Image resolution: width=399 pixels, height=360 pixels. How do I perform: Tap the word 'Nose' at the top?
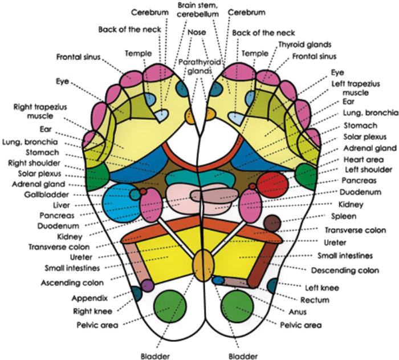pos(197,33)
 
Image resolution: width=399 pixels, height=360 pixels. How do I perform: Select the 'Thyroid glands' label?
pos(304,44)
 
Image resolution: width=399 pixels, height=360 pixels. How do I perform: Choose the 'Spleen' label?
pos(343,216)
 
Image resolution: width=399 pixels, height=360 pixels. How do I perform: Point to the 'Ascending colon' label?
pos(72,282)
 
